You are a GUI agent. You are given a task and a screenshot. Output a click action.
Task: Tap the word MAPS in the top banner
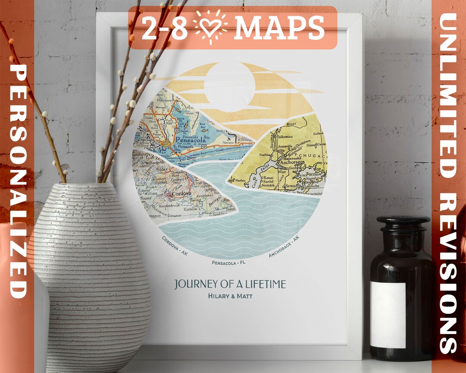coord(279,28)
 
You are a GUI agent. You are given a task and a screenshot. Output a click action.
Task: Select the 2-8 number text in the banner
coord(164,28)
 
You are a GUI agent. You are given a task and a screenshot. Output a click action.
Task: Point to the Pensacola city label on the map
coord(192,140)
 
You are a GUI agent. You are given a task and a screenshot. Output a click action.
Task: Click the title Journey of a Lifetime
coord(230,284)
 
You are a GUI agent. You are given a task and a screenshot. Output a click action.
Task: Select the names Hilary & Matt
coord(230,296)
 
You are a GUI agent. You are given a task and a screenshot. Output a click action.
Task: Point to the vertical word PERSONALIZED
coord(19,181)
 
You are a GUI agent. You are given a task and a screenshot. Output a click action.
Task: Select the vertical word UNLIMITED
coord(449,95)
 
